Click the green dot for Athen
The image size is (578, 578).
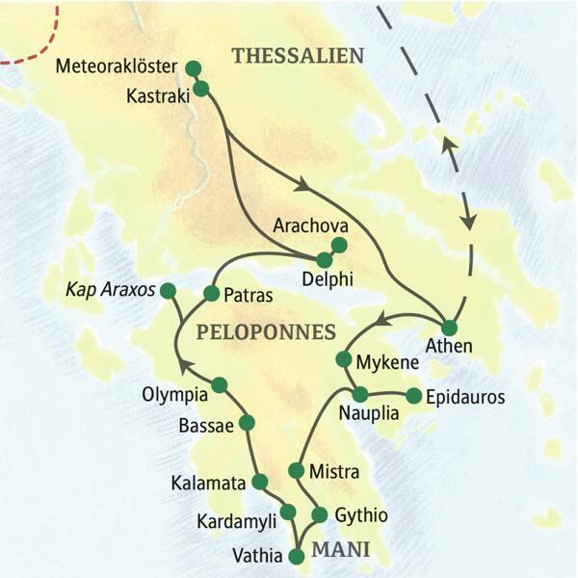click(x=448, y=327)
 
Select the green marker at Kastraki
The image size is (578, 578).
click(x=201, y=89)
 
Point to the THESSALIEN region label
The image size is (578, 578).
click(x=298, y=57)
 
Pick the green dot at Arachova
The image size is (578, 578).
click(x=338, y=245)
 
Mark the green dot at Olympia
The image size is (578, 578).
click(x=219, y=385)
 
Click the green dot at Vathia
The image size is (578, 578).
click(x=296, y=553)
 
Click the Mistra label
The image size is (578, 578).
click(x=334, y=472)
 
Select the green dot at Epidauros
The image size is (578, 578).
click(x=414, y=395)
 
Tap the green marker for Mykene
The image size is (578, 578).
click(x=343, y=359)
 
